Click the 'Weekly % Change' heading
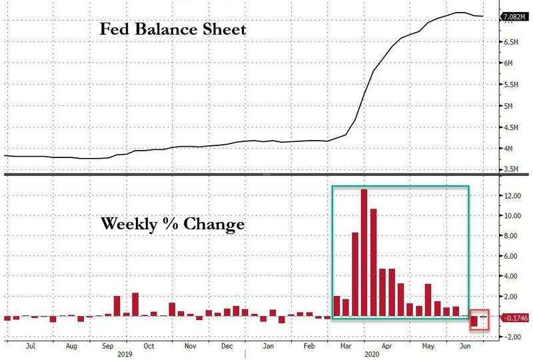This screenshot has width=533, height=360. click(173, 224)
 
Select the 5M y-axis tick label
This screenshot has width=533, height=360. click(508, 106)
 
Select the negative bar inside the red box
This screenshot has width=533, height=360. click(475, 321)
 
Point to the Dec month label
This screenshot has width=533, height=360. click(227, 347)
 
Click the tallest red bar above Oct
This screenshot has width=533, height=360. click(135, 304)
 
